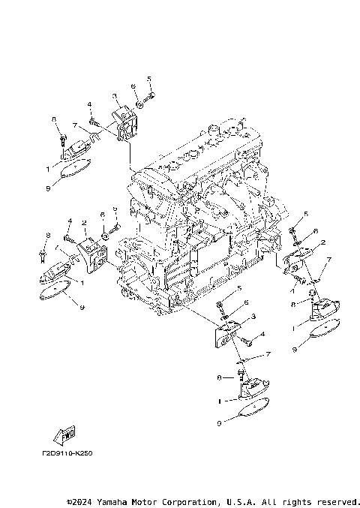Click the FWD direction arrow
coord(62,436)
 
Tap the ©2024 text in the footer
coord(80,500)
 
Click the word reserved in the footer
coord(337,500)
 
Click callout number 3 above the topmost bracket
coord(115,96)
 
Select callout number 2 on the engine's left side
coord(85,223)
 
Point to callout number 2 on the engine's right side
coord(322,242)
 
